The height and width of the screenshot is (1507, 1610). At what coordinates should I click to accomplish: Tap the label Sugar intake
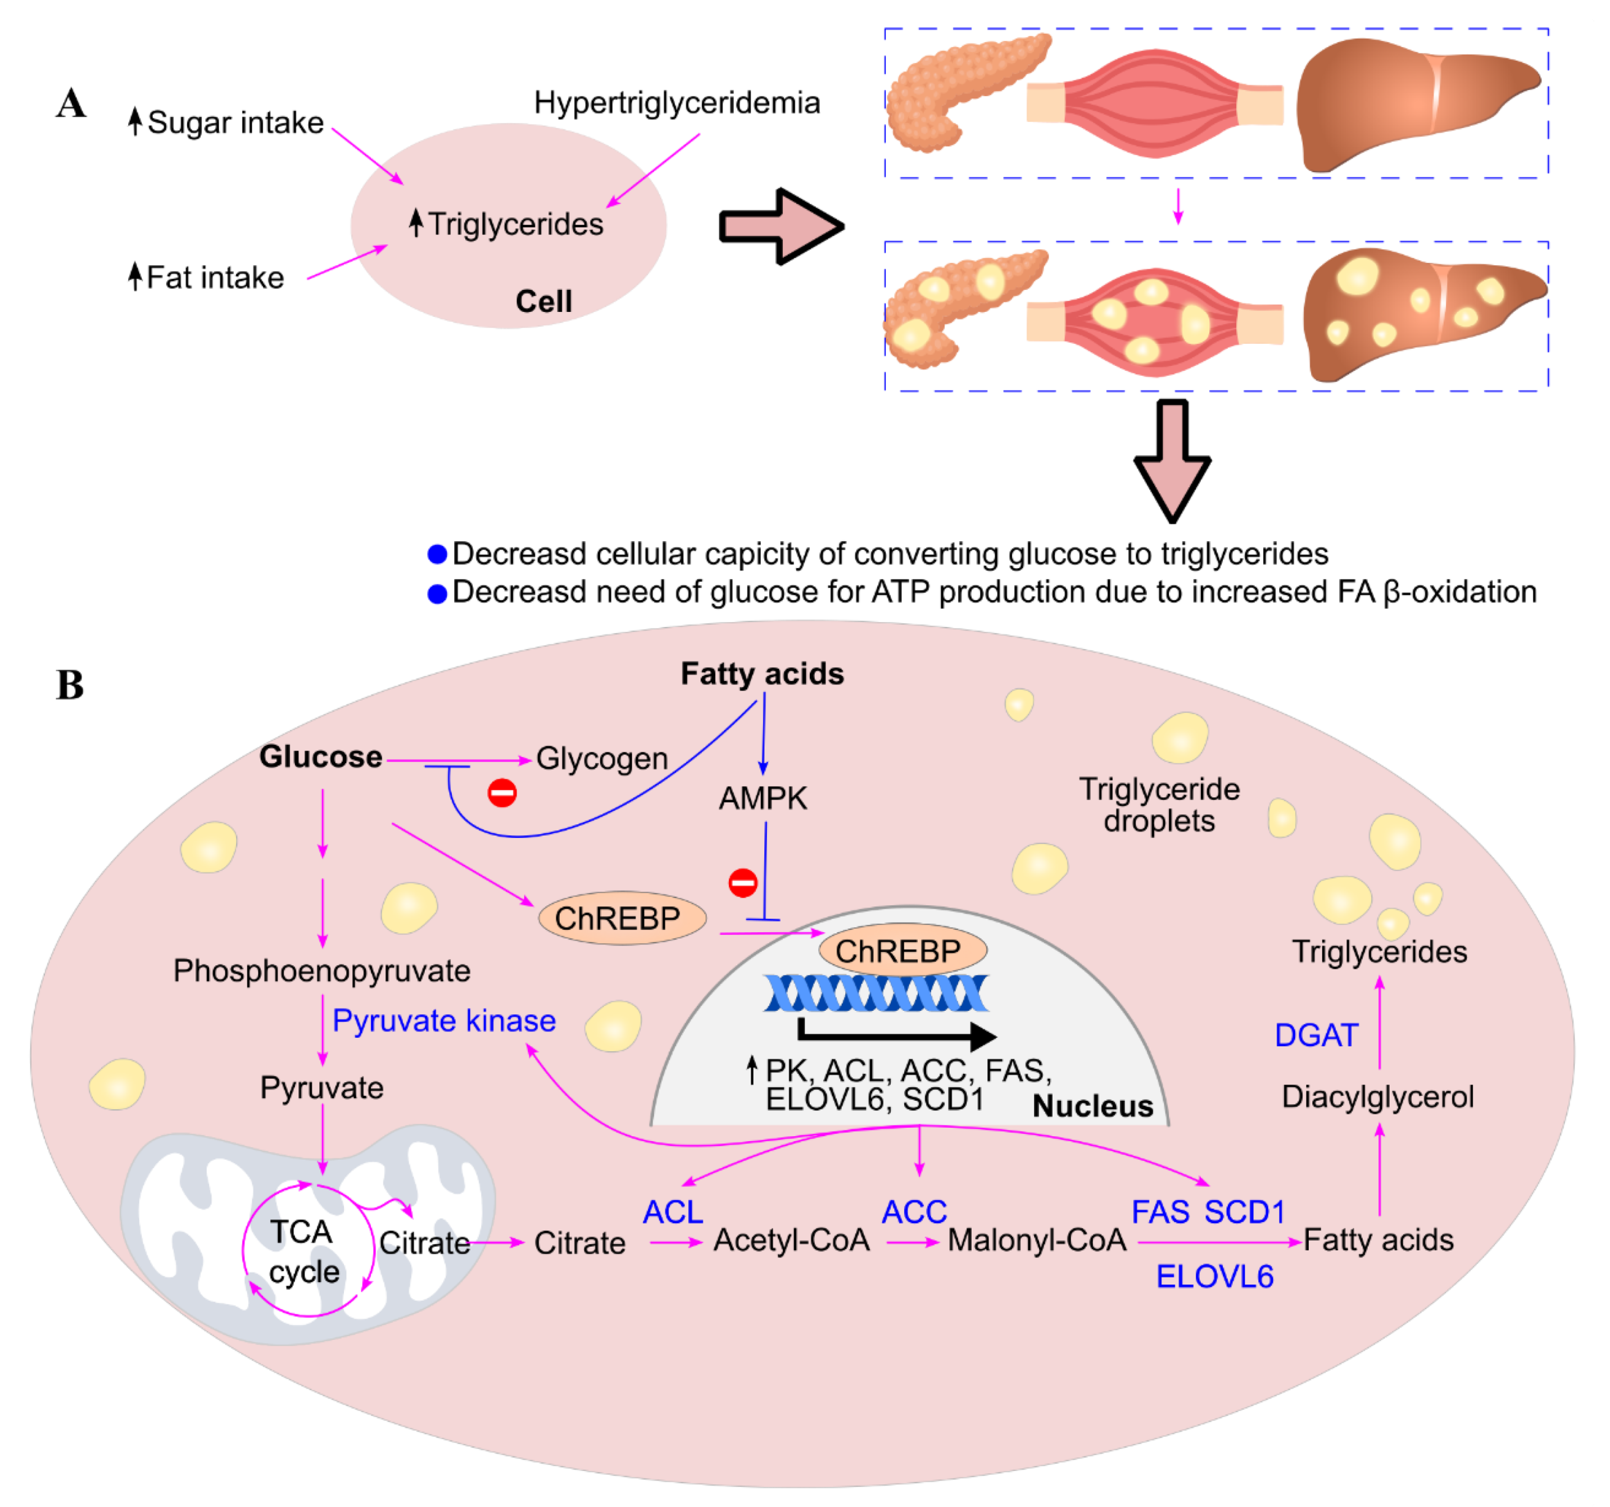[235, 123]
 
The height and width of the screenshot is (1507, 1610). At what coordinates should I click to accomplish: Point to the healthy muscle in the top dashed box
[1154, 103]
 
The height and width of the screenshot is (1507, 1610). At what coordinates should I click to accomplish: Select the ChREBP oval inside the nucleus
[902, 951]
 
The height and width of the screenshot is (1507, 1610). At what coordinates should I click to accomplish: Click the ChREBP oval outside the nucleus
[621, 918]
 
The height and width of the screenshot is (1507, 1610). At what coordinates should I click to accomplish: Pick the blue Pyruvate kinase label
[444, 1021]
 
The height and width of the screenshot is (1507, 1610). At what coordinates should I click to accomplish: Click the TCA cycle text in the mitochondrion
[303, 1252]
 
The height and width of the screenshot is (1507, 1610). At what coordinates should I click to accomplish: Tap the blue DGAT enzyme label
[1314, 1036]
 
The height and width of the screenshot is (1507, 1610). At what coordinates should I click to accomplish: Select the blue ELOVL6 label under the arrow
[1214, 1278]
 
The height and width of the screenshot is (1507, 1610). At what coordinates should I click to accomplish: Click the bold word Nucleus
[1092, 1106]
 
